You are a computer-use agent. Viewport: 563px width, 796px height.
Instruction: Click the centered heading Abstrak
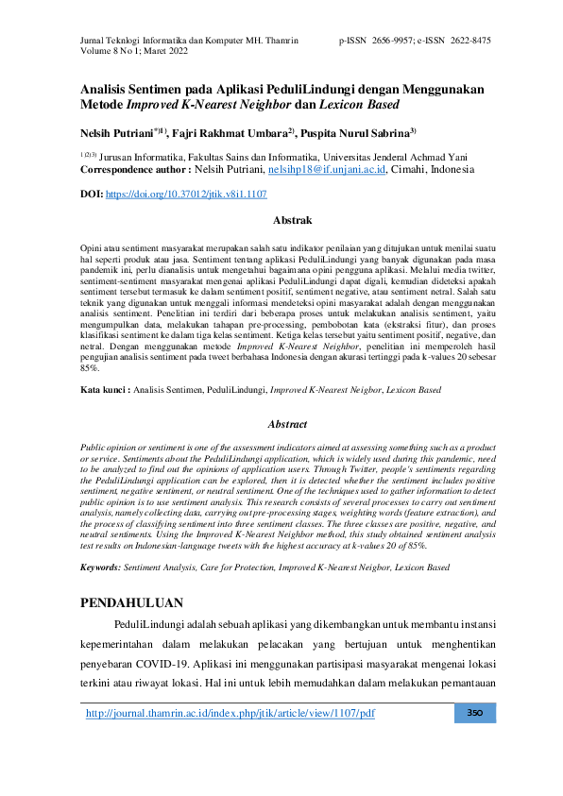(x=291, y=220)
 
